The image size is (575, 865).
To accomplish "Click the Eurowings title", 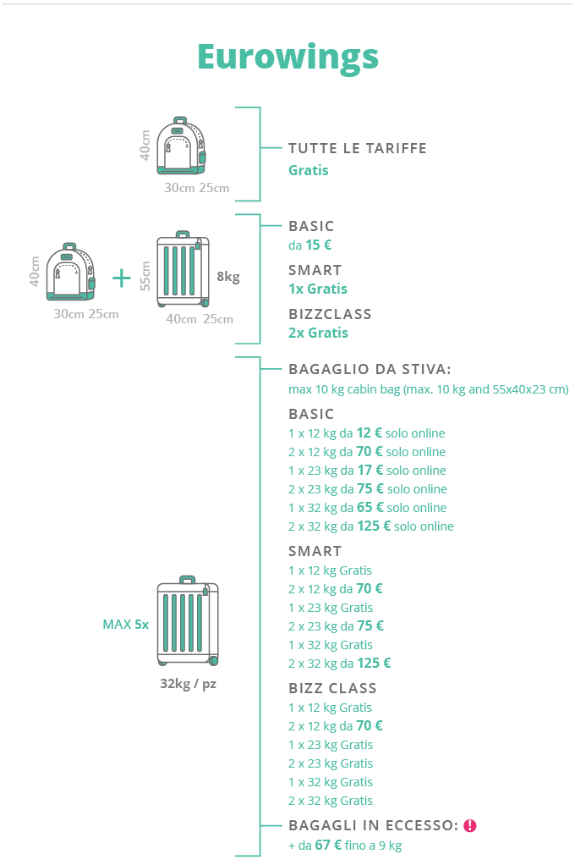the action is pyautogui.click(x=287, y=56).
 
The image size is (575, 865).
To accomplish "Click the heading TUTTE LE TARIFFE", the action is pyautogui.click(x=357, y=148).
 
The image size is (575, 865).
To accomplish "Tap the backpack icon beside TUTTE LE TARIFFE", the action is pyautogui.click(x=181, y=146).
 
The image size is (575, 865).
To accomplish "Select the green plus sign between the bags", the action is pyautogui.click(x=122, y=278).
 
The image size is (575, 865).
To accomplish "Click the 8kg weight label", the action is pyautogui.click(x=228, y=277).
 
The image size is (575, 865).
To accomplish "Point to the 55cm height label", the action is pyautogui.click(x=145, y=276).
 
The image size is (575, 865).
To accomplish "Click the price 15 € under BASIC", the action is pyautogui.click(x=318, y=245).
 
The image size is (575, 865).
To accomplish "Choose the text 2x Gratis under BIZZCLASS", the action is pyautogui.click(x=318, y=333).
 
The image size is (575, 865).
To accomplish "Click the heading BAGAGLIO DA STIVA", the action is pyautogui.click(x=370, y=369).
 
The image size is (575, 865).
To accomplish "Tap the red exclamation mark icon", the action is pyautogui.click(x=470, y=825).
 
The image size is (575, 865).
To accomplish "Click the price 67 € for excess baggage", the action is pyautogui.click(x=327, y=845).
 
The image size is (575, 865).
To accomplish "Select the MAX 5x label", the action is pyautogui.click(x=125, y=625).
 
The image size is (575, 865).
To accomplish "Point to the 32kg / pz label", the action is pyautogui.click(x=188, y=684).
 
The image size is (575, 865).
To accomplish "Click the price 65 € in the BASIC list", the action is pyautogui.click(x=370, y=508).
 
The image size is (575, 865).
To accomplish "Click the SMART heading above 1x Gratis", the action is pyautogui.click(x=315, y=270).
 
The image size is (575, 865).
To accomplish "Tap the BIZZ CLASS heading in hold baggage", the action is pyautogui.click(x=332, y=688).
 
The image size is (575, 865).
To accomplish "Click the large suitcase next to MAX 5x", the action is pyautogui.click(x=188, y=621).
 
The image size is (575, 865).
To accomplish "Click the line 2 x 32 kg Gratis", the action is pyautogui.click(x=330, y=801).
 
